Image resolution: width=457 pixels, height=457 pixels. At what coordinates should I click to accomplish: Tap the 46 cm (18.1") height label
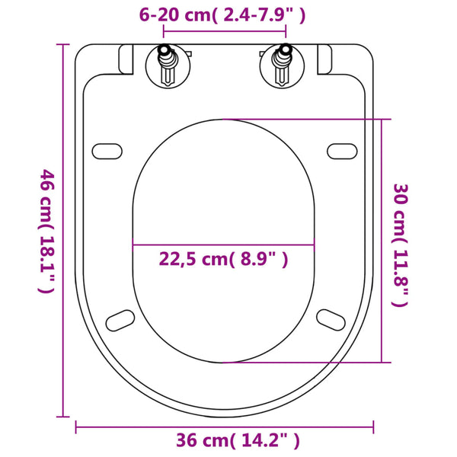pos(47,232)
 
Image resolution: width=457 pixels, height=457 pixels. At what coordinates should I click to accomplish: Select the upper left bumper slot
pos(106,149)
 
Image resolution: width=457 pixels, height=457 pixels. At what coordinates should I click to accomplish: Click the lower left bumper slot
pos(120,318)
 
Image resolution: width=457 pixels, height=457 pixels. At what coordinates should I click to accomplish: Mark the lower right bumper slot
pos(331,318)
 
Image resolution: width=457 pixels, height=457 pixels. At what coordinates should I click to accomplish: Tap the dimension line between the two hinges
pos(225,33)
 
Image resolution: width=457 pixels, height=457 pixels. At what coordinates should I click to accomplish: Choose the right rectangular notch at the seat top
pos(324,56)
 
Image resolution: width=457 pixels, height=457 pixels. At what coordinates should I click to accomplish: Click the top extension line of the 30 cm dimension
pos(305,119)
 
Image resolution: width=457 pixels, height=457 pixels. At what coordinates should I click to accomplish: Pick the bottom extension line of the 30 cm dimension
pos(305,363)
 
